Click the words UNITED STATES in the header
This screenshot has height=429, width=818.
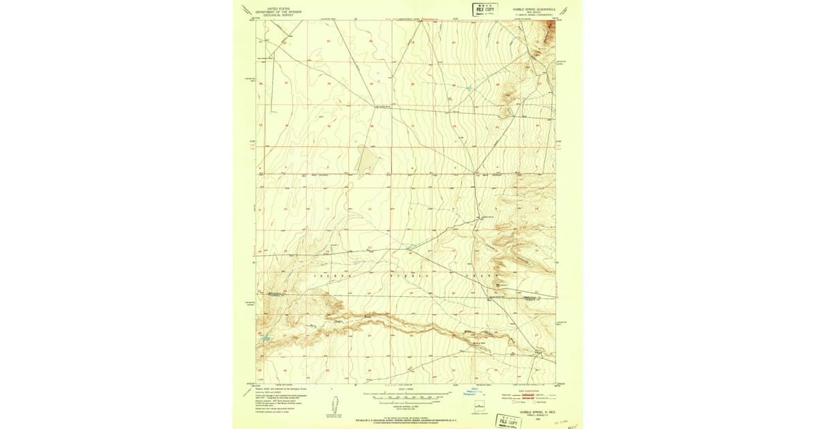coord(278,9)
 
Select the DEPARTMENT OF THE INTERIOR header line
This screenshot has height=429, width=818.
coord(278,12)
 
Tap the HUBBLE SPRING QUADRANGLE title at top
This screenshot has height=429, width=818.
coord(534,10)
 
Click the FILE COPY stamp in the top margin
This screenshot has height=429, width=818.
coord(485,9)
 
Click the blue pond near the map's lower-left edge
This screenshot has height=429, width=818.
coord(265,337)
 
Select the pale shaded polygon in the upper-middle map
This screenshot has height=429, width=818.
coord(367,161)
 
